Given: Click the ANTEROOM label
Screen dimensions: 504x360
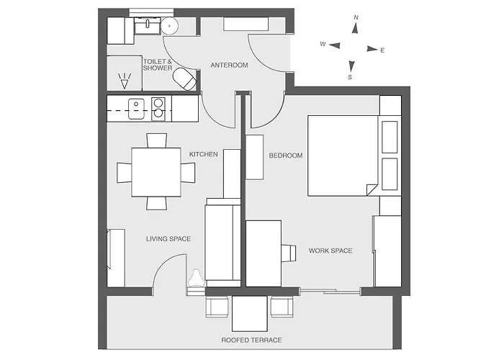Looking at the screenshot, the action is pos(229,66).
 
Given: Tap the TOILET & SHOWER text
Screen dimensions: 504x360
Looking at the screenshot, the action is pos(158,65).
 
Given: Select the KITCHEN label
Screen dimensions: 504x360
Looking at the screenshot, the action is pos(204,154).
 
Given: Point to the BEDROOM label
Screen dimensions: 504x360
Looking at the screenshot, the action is pos(286,156).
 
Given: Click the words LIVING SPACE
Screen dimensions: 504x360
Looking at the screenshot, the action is pos(168,239).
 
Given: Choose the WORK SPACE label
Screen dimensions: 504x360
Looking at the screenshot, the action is pos(330,251).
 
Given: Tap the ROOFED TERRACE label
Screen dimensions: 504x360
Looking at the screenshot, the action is pos(252,340).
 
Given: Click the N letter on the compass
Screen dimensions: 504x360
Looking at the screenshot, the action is pos(356,17).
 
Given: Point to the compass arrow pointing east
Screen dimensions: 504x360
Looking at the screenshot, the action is pos(372,49).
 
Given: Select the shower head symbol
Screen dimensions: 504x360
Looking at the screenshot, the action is pos(125,81).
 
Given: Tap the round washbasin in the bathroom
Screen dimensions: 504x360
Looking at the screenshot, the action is pos(169,25).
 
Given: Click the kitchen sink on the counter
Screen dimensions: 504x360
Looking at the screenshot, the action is pos(136,109).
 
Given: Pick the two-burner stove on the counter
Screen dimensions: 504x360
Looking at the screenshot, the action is pos(158,109).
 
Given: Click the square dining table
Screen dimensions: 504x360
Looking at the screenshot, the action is pos(156,172).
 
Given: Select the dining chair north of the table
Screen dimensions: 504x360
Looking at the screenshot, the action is pos(156,140).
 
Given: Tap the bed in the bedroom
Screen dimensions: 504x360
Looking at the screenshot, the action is pos(343,156).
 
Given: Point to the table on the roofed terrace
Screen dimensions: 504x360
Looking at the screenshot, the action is pos(249,314).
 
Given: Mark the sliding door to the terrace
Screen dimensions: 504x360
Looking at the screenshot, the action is pos(330,292).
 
